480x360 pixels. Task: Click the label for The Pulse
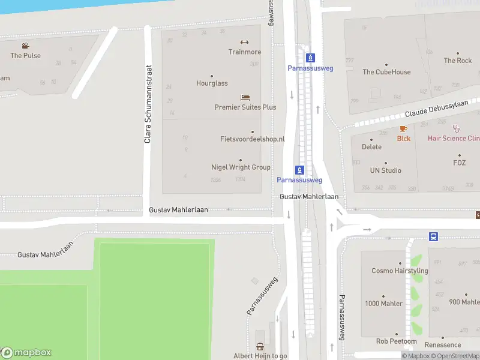pos(25,55)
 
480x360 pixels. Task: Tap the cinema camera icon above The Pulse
pos(25,46)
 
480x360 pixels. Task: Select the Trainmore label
pos(244,52)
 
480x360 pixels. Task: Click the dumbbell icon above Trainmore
pos(244,42)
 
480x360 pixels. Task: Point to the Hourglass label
pos(212,83)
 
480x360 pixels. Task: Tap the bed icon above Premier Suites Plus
pos(245,97)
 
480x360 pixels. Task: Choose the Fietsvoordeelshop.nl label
pos(252,139)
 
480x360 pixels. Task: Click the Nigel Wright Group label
pos(241,167)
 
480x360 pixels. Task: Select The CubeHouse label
pos(386,72)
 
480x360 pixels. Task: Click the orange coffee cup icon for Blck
pos(404,128)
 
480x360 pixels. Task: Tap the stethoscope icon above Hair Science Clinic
pos(456,128)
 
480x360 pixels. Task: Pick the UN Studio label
pos(385,170)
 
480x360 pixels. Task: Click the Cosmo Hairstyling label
pos(400,271)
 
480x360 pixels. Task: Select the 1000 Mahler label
pos(383,303)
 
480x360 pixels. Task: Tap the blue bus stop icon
pos(433,236)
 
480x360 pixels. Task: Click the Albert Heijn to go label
pos(260,356)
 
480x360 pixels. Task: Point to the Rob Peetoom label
pos(396,341)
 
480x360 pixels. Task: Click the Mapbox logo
pos(26,353)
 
